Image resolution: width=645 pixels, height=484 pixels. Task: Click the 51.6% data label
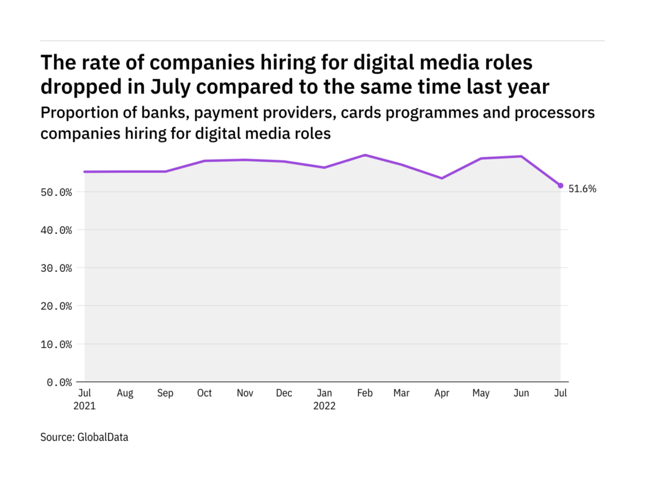(x=582, y=189)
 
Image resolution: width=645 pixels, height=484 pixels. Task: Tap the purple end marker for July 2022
(x=560, y=185)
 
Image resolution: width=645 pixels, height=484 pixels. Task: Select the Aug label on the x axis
(x=125, y=393)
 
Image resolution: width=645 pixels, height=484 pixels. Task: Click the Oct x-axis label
(x=204, y=393)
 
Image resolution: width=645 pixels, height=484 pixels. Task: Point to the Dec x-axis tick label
(x=284, y=393)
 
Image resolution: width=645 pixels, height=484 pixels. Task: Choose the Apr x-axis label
(x=442, y=393)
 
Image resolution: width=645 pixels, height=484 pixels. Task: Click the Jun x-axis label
(x=521, y=393)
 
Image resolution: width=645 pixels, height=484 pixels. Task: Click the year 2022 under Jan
(x=324, y=406)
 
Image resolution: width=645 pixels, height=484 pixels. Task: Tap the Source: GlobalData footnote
(x=85, y=437)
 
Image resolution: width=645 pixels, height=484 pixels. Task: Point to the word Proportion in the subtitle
(x=76, y=113)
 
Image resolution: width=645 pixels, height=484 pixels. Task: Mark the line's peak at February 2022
(x=365, y=155)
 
